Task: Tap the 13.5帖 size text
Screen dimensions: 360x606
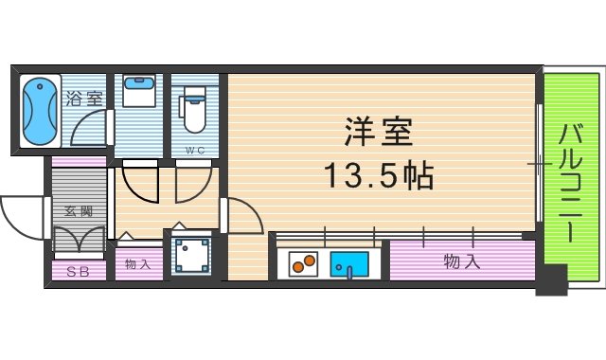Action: pyautogui.click(x=378, y=175)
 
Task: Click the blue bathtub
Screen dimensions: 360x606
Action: pyautogui.click(x=39, y=112)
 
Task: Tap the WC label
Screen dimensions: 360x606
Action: pyautogui.click(x=194, y=150)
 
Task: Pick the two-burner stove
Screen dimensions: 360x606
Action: pyautogui.click(x=302, y=262)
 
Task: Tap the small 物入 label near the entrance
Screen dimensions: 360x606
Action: pyautogui.click(x=138, y=264)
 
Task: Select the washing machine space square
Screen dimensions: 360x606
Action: pyautogui.click(x=192, y=255)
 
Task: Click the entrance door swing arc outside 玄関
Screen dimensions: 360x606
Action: pyautogui.click(x=21, y=215)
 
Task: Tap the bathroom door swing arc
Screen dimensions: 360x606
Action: pyautogui.click(x=90, y=128)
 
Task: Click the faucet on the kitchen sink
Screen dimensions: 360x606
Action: pyautogui.click(x=349, y=273)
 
